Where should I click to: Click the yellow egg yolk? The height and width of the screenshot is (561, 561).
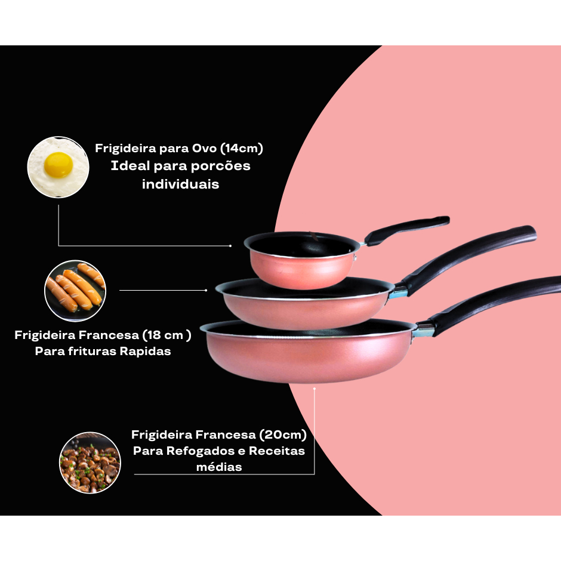tap(58, 165)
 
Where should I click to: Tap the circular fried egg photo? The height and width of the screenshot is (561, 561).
tap(58, 167)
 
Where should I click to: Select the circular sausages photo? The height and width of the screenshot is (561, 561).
tap(75, 291)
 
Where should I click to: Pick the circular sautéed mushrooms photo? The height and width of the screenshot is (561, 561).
tap(90, 463)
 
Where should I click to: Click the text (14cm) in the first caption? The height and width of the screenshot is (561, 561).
tap(242, 149)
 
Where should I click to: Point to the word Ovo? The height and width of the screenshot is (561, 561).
tap(204, 148)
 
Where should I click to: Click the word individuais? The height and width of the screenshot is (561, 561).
tap(180, 184)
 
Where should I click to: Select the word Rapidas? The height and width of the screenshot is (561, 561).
tap(145, 352)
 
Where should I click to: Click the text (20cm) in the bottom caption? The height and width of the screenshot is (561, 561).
tap(283, 434)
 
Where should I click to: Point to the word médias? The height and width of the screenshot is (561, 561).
tap(219, 467)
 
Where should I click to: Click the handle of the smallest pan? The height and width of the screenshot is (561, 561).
tap(407, 230)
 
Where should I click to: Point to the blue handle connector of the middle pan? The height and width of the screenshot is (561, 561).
tap(399, 294)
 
